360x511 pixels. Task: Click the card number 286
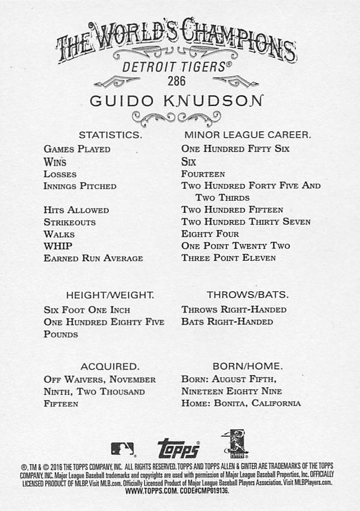pos(177,80)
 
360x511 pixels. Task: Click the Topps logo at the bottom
pos(178,448)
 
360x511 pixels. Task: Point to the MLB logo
pos(122,448)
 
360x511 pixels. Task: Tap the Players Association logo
pos(236,444)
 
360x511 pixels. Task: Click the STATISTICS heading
pos(110,135)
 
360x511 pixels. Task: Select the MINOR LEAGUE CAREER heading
pos(248,135)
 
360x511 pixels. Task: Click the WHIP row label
pos(54,246)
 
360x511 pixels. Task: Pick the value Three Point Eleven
pos(229,258)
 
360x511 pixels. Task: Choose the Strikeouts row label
pos(70,223)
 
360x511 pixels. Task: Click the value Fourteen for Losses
pos(203,174)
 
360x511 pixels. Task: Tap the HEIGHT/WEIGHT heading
pos(110,295)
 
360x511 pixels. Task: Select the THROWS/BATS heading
pos(248,295)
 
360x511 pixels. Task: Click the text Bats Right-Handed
pos(227,322)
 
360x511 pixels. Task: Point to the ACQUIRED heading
pos(110,366)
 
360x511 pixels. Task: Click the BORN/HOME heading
pos(248,366)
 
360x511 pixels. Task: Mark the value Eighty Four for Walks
pos(210,234)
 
